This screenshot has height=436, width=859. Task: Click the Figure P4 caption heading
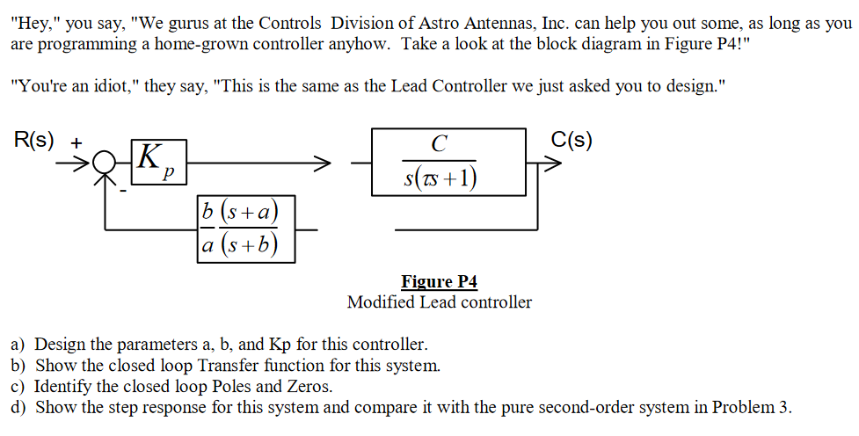tap(439, 282)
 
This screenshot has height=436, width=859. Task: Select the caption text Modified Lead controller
tap(439, 302)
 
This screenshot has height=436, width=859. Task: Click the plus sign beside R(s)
tap(77, 140)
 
